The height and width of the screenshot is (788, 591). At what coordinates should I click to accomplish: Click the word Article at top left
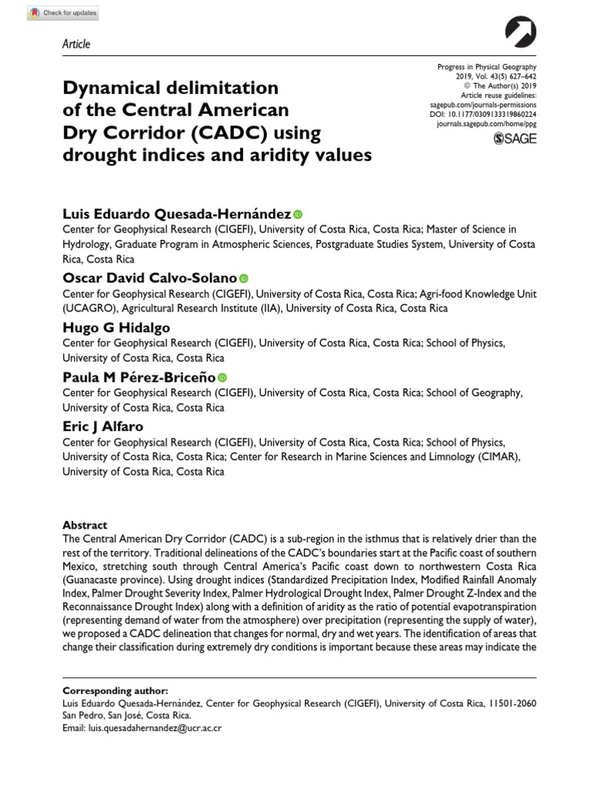tap(75, 44)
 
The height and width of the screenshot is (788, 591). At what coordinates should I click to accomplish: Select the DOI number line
tap(487, 113)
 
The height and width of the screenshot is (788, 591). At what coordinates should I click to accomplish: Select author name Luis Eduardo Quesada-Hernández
tap(176, 214)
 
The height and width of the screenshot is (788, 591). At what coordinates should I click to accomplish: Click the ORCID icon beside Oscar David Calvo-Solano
tap(244, 278)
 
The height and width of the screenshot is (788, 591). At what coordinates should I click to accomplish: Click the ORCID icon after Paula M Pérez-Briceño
tap(223, 377)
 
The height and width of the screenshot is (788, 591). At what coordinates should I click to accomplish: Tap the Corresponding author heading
tap(115, 690)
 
